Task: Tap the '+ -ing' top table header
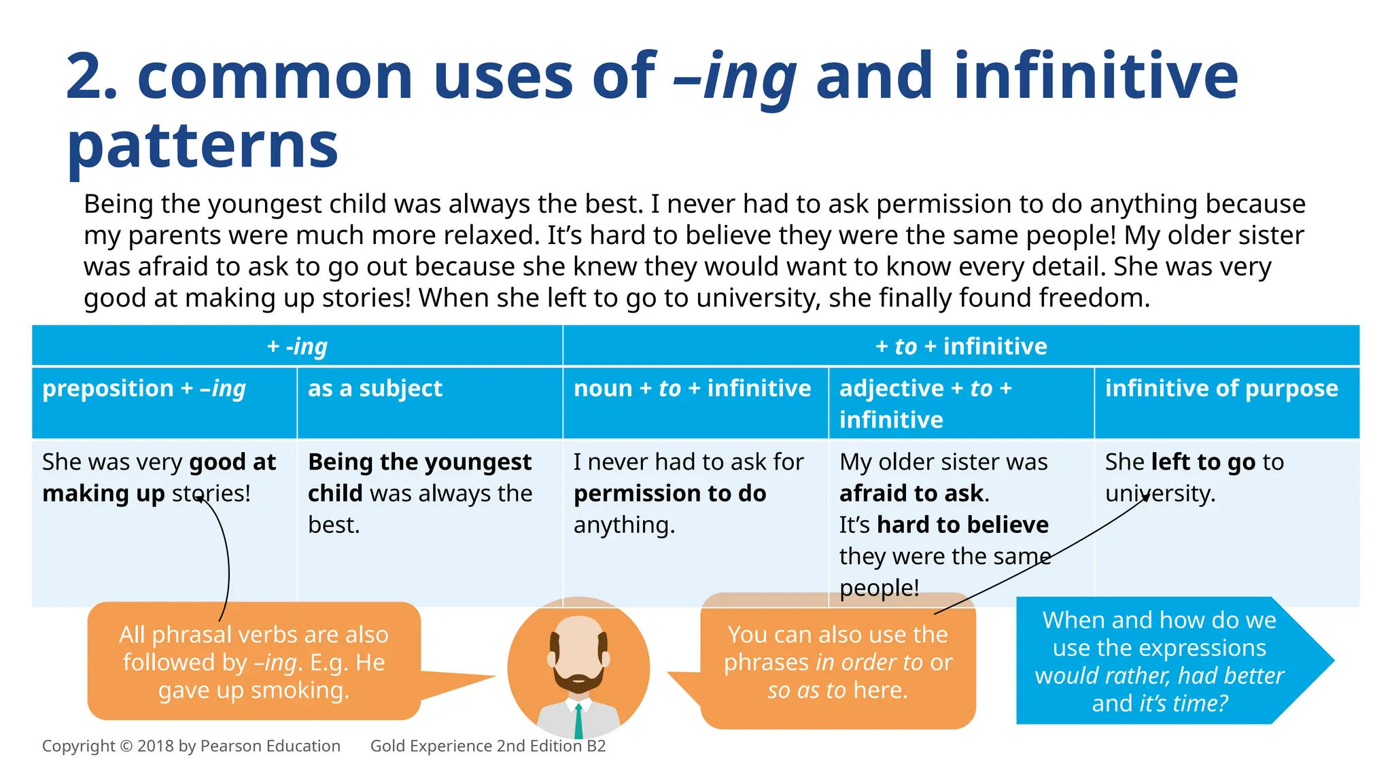297,347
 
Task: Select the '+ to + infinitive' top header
961,347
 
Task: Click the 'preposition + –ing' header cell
144,389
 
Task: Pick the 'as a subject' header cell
375,389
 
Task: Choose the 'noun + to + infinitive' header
692,389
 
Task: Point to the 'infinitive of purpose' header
1221,389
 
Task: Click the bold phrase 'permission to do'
669,493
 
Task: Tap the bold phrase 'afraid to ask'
911,493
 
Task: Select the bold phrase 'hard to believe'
962,525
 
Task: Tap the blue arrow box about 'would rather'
1160,661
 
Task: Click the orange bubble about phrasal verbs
254,662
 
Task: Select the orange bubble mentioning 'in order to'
837,662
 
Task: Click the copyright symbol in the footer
126,746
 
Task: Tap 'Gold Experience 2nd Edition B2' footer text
487,746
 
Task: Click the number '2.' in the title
92,77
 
